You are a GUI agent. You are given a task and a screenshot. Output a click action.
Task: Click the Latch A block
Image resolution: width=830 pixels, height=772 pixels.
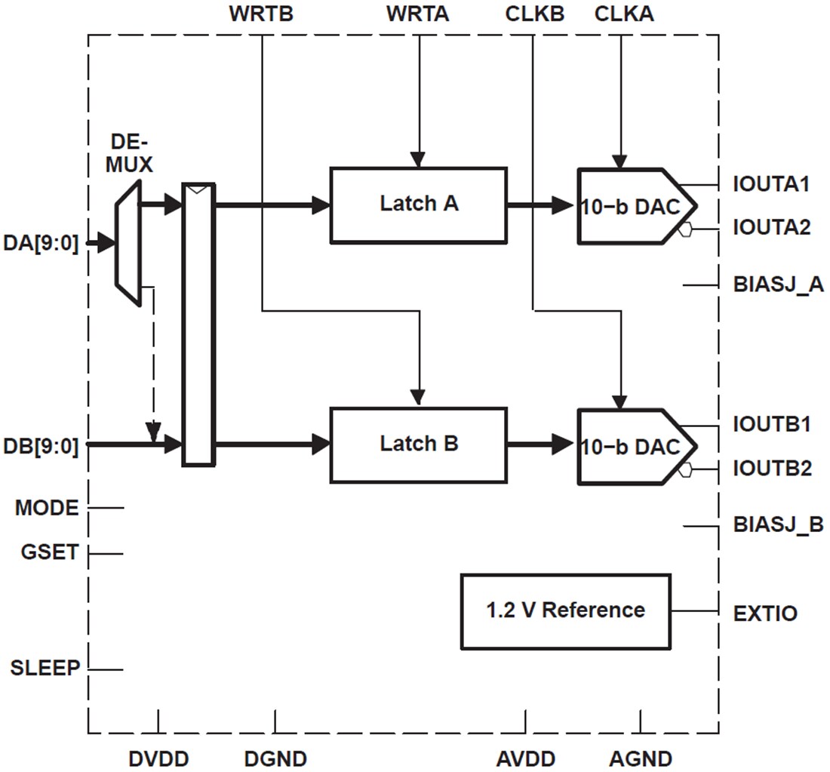pyautogui.click(x=418, y=205)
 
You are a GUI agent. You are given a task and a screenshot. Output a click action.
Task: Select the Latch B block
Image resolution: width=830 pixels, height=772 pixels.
pyautogui.click(x=418, y=444)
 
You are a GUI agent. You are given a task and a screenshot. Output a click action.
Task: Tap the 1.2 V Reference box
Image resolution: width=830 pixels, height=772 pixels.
pyautogui.click(x=565, y=611)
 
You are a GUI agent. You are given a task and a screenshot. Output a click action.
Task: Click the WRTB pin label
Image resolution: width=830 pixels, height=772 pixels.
pyautogui.click(x=260, y=14)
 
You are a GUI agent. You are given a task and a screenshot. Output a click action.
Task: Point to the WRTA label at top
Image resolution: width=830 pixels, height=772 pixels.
pyautogui.click(x=417, y=14)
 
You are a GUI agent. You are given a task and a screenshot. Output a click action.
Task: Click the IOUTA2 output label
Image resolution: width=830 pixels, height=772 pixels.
pyautogui.click(x=771, y=228)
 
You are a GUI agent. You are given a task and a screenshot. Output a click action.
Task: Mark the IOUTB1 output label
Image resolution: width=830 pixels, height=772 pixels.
pyautogui.click(x=771, y=425)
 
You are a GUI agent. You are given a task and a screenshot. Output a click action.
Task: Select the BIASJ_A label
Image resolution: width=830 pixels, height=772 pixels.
pyautogui.click(x=777, y=285)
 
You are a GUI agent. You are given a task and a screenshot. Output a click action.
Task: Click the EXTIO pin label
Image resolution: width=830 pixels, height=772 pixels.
pyautogui.click(x=765, y=613)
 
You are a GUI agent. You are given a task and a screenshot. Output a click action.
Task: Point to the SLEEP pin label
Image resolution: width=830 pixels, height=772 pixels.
pyautogui.click(x=45, y=668)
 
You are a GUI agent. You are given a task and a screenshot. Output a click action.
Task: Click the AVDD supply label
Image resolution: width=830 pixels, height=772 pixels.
pyautogui.click(x=526, y=758)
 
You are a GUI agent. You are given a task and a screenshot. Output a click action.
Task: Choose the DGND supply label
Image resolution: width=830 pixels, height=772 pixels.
pyautogui.click(x=275, y=758)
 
